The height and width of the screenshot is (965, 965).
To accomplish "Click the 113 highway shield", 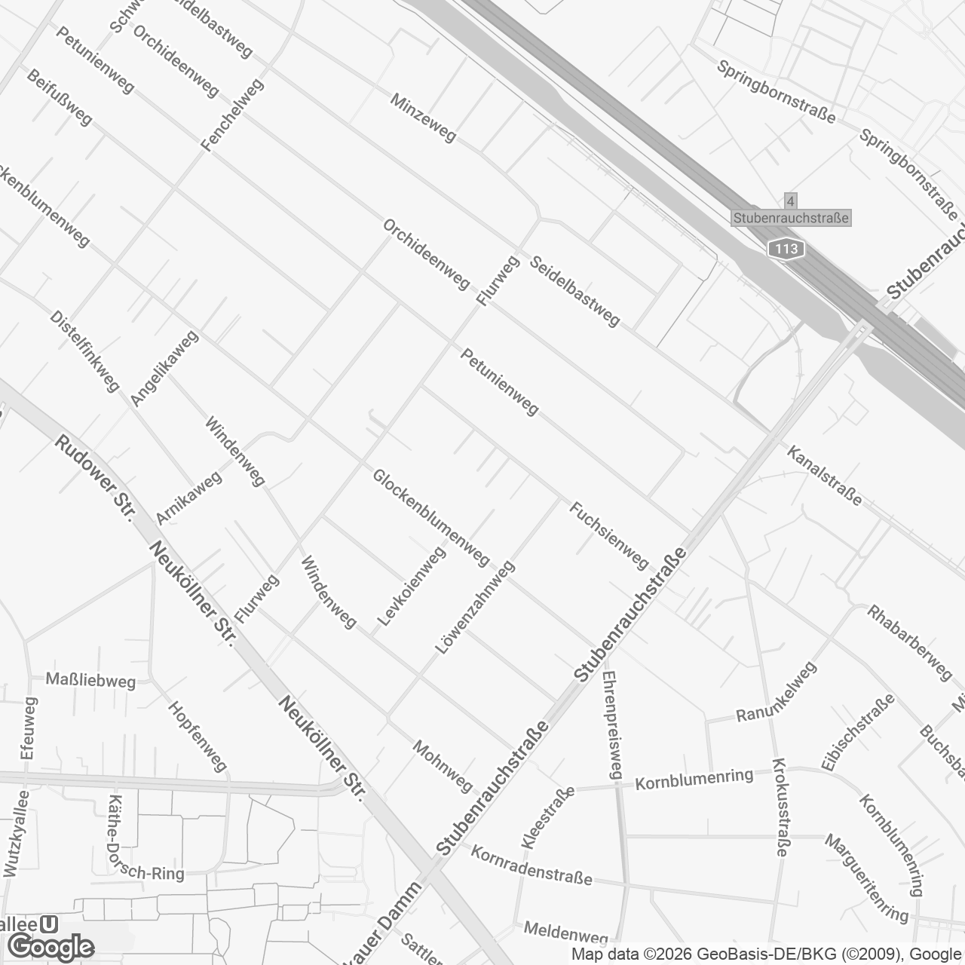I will (x=786, y=249).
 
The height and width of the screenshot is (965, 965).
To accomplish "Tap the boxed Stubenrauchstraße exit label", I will (x=791, y=218).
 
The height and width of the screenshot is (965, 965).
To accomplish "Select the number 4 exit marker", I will (x=790, y=201).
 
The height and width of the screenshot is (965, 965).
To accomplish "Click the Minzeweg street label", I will (x=423, y=117).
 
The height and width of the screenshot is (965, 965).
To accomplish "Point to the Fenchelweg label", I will (x=234, y=115).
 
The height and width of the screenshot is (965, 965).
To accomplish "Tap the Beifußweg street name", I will (x=59, y=97).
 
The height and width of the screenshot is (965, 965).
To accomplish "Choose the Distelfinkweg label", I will (x=85, y=351).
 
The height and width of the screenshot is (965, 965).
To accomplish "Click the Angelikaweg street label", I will (x=164, y=368).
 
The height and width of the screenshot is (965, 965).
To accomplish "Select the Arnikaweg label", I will (x=189, y=498).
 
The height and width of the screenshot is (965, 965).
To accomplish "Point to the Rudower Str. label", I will (x=94, y=478).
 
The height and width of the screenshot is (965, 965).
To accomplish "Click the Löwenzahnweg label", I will (x=475, y=607).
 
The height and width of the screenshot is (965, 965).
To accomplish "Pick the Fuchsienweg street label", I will (x=609, y=536).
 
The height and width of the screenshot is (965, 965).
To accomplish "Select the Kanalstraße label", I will (x=824, y=476).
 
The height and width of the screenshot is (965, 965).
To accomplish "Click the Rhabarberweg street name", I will (x=910, y=642).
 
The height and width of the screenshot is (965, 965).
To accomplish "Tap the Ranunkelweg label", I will (x=776, y=691).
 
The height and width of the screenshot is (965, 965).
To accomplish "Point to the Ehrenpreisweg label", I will (x=611, y=725).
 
